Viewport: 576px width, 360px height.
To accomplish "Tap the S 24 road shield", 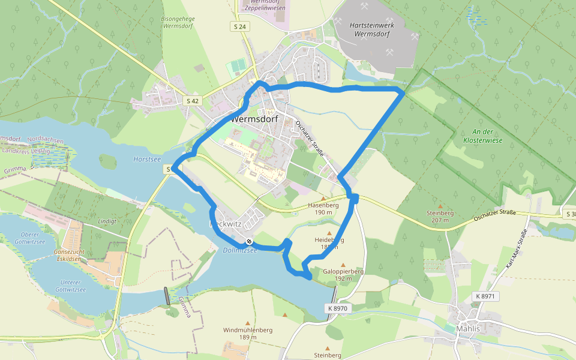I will coord(240,26).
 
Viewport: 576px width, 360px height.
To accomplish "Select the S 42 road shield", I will coord(192,101).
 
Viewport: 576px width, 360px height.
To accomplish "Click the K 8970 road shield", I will coord(338,308).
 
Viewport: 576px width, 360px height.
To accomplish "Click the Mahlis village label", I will coord(468,329).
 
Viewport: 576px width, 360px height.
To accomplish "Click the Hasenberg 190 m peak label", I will coord(323,208).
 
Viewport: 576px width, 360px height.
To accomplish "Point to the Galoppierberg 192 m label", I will coord(343,275).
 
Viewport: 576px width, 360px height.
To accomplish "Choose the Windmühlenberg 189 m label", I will coord(248,334).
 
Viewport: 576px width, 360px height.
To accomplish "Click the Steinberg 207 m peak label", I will coord(439,216).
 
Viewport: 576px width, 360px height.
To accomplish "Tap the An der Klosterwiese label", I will coord(478,135).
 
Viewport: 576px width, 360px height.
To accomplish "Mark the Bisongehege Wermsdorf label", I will coord(178,23).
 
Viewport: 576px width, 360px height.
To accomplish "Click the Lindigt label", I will coord(107,221).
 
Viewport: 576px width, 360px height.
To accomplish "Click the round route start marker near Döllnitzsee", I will coord(249,241).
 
